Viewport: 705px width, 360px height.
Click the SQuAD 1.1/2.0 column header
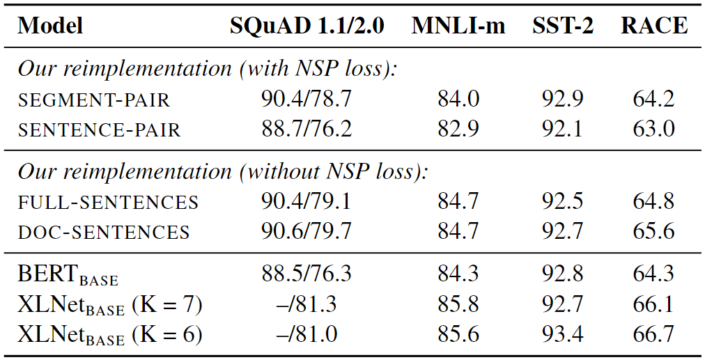[307, 26]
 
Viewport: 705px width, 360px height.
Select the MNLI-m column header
[458, 26]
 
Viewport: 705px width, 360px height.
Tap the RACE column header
[654, 26]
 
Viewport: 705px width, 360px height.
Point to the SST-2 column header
[562, 26]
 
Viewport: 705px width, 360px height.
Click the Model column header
[50, 26]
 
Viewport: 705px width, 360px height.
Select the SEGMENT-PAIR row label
[93, 100]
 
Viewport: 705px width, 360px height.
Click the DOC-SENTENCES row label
[103, 232]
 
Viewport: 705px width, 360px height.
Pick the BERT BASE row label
[68, 274]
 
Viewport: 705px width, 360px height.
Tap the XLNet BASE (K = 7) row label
[109, 305]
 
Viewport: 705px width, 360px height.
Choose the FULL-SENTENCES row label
[108, 202]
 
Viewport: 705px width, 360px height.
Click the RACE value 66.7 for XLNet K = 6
[653, 335]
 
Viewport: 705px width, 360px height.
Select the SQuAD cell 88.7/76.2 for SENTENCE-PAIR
[307, 129]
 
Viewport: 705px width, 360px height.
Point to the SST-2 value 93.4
[562, 335]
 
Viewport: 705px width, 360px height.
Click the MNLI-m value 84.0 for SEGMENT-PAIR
[458, 99]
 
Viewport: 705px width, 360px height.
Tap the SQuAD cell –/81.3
[307, 304]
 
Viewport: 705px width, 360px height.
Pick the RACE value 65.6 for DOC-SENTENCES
[653, 231]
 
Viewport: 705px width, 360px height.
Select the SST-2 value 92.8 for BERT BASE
[562, 274]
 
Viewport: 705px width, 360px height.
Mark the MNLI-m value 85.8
[458, 304]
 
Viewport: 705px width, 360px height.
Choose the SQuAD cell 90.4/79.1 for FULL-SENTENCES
[307, 201]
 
